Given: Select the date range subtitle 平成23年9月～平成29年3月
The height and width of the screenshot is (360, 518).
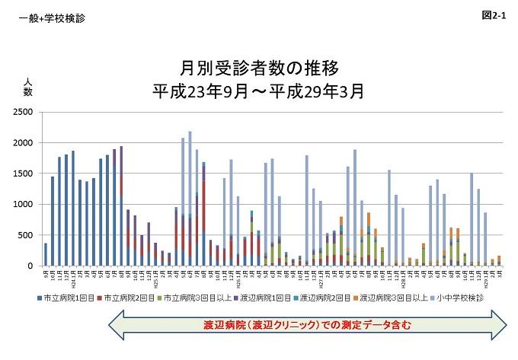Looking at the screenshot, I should point(258,92).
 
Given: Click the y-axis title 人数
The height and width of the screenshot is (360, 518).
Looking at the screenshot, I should point(27,88).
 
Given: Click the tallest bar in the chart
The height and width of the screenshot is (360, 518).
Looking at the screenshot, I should point(190,199).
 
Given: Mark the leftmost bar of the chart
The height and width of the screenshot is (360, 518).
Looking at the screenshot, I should point(46,254).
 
